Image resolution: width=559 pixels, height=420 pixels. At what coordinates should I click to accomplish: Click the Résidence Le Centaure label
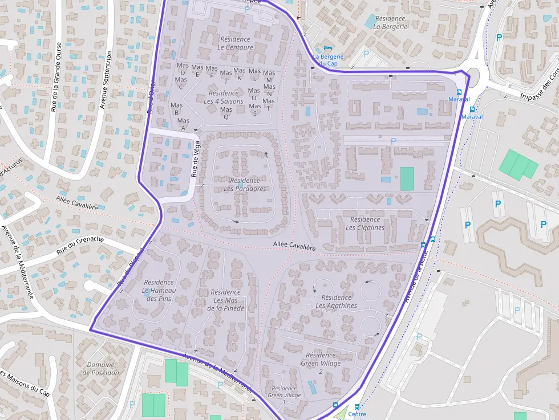coord(235,43)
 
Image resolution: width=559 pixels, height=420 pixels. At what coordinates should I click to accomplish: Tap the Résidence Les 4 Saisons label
coord(224,97)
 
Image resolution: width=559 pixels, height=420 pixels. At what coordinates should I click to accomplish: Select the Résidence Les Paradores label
coord(245,185)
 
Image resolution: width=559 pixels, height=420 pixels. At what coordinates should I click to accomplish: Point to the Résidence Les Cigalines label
coord(365,223)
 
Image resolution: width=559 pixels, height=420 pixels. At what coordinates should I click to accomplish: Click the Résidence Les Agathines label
coord(336,301)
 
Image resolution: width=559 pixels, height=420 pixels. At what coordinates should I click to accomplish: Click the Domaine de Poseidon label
coord(101,369)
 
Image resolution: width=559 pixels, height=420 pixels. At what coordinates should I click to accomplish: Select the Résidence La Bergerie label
coord(390,23)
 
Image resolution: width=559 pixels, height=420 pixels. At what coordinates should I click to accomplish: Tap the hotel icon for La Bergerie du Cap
coord(327,48)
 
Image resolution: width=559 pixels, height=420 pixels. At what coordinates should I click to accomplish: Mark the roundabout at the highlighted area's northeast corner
coord(473,74)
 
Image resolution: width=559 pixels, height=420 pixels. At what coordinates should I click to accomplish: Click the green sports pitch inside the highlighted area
coord(407,178)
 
